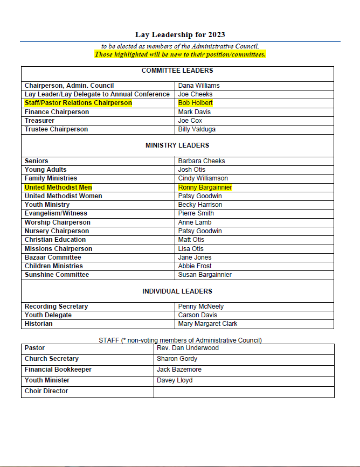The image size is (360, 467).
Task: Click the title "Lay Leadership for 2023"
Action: [x=180, y=34]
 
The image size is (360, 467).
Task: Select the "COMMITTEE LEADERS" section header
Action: [x=177, y=71]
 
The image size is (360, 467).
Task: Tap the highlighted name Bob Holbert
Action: [x=195, y=103]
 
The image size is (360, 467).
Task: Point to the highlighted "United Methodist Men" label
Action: [x=58, y=187]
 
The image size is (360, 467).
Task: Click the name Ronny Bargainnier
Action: [x=205, y=187]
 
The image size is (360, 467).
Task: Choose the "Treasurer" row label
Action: [x=39, y=121]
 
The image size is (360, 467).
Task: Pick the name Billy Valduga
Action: [x=197, y=129]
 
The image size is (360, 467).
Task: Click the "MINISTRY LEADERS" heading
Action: [x=177, y=145]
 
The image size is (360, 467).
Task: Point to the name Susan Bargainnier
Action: [x=205, y=275]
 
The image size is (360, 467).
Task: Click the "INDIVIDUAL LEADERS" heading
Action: [x=177, y=291]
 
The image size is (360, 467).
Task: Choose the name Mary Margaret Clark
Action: [x=207, y=324]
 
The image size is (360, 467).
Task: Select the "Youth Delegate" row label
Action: [x=48, y=315]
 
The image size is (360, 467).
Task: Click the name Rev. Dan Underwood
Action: [x=188, y=348]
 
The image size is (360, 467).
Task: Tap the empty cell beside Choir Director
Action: [x=244, y=392]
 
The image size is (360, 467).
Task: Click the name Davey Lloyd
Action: [x=175, y=380]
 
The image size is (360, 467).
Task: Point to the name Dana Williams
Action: [x=199, y=86]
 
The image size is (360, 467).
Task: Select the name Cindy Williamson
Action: [x=203, y=178]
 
